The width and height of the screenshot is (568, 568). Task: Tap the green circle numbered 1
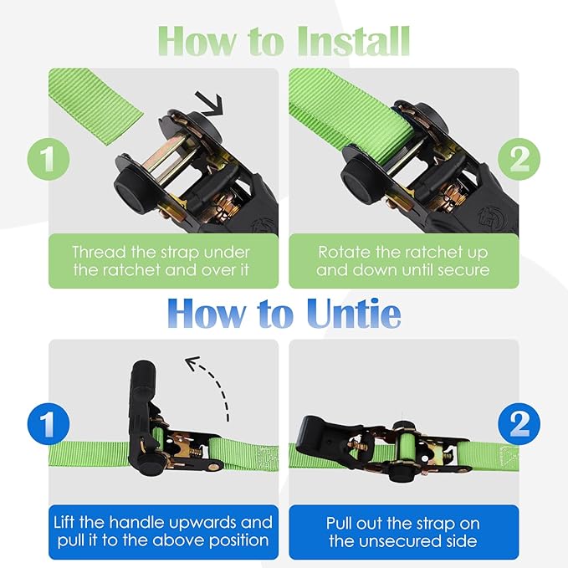click(49, 159)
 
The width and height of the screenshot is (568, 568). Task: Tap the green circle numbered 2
click(519, 159)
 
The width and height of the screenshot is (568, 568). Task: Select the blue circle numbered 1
click(49, 424)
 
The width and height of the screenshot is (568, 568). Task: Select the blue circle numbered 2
click(519, 424)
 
